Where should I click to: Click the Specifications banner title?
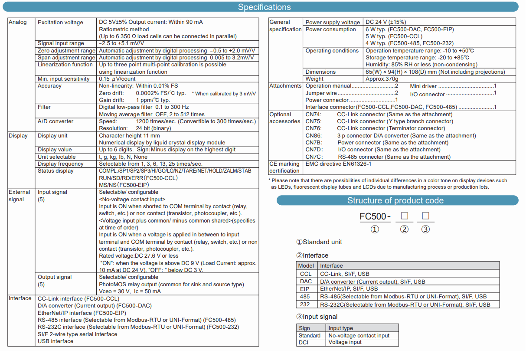tap(264, 7)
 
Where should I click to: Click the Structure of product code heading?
tap(395, 200)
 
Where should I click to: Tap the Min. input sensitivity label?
tap(63, 79)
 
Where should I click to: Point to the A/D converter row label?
tap(56, 121)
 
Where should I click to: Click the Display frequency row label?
tap(60, 164)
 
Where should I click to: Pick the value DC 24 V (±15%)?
tap(386, 22)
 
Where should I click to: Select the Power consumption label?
tap(330, 29)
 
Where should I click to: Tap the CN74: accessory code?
tap(314, 115)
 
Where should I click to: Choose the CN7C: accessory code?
tap(314, 157)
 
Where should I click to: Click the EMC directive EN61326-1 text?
tap(338, 164)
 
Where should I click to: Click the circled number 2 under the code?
tap(404, 229)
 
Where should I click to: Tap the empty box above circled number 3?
tap(425, 216)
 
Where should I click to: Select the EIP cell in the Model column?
tap(306, 289)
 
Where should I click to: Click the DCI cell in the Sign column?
tap(303, 342)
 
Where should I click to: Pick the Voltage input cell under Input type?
tap(345, 342)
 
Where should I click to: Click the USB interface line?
tap(56, 341)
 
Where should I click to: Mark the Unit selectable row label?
tap(56, 157)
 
